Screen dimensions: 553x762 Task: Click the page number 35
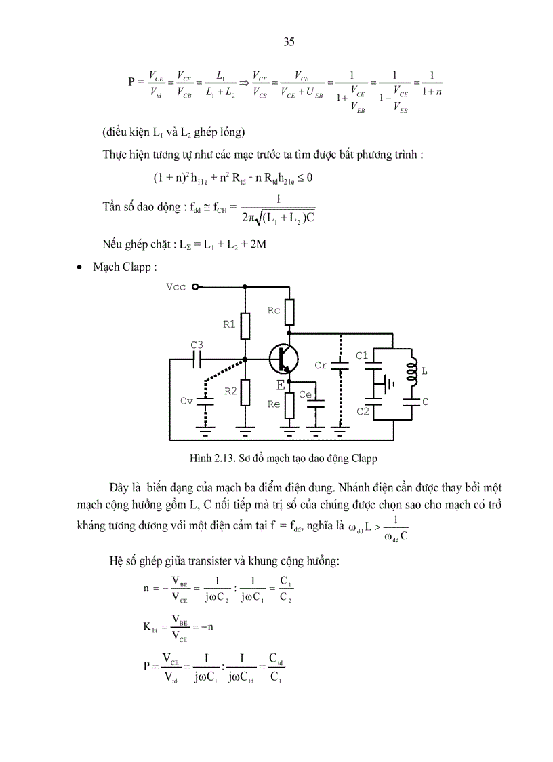click(289, 42)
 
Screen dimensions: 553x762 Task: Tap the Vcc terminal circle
click(195, 287)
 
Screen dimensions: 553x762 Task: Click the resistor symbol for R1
click(245, 324)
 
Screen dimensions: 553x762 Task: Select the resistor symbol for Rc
click(289, 312)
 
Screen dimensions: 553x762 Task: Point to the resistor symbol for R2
click(245, 392)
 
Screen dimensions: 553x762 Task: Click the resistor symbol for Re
click(289, 405)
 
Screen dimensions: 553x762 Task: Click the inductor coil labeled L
click(411, 372)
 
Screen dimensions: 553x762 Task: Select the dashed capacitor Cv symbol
click(204, 401)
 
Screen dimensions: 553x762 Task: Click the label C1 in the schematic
click(363, 356)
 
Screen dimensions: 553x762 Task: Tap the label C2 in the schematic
click(363, 411)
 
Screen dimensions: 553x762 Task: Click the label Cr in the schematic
click(321, 365)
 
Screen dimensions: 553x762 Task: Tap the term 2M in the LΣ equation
click(258, 244)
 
